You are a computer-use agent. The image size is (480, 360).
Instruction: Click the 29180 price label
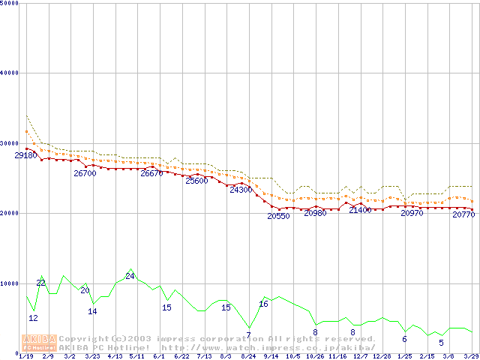tap(26, 155)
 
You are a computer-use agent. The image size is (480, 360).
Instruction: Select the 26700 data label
tap(85, 173)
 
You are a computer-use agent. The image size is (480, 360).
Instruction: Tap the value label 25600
tap(196, 181)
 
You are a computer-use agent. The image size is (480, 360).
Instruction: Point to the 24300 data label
tap(241, 190)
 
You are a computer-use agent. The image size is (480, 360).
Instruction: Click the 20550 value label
tap(278, 216)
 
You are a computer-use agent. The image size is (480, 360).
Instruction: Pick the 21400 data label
tap(360, 210)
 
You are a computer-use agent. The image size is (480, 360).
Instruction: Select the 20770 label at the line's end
tap(463, 215)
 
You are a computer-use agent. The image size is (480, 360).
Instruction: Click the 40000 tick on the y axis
tap(10, 73)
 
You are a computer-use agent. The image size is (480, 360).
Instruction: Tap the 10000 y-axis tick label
tap(10, 283)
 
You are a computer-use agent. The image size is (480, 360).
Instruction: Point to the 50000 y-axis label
tap(10, 4)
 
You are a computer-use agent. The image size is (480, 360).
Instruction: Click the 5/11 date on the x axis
tap(136, 356)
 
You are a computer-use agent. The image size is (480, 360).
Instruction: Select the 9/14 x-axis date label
tap(270, 356)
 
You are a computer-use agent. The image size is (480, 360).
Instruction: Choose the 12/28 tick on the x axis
tap(381, 356)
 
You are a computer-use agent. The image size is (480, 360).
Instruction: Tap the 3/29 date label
tap(471, 356)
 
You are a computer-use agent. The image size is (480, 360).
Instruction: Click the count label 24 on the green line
tap(130, 276)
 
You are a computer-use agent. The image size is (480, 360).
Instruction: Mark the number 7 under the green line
tap(248, 334)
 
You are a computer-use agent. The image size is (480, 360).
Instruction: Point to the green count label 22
tap(40, 283)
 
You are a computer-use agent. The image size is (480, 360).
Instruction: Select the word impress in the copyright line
tap(176, 339)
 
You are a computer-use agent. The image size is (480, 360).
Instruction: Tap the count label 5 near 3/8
tap(441, 343)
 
